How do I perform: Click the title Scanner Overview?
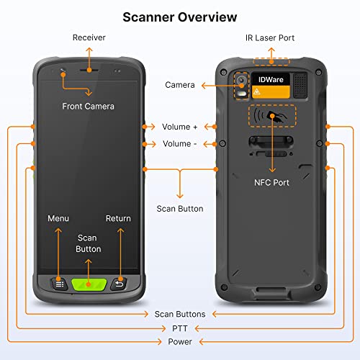pyautogui.click(x=179, y=16)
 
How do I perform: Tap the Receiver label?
pyautogui.click(x=89, y=37)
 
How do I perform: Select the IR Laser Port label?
pyautogui.click(x=270, y=37)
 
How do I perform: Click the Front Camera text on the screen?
pyautogui.click(x=89, y=106)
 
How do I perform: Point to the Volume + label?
pyautogui.click(x=180, y=126)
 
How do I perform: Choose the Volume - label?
pyautogui.click(x=180, y=144)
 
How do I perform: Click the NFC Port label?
pyautogui.click(x=271, y=183)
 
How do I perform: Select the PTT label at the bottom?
pyautogui.click(x=179, y=328)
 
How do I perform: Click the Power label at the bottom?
pyautogui.click(x=179, y=341)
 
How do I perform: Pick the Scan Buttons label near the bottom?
pyautogui.click(x=179, y=314)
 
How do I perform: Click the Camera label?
pyautogui.click(x=179, y=85)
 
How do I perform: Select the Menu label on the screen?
pyautogui.click(x=58, y=218)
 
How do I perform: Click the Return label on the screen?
pyautogui.click(x=118, y=218)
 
